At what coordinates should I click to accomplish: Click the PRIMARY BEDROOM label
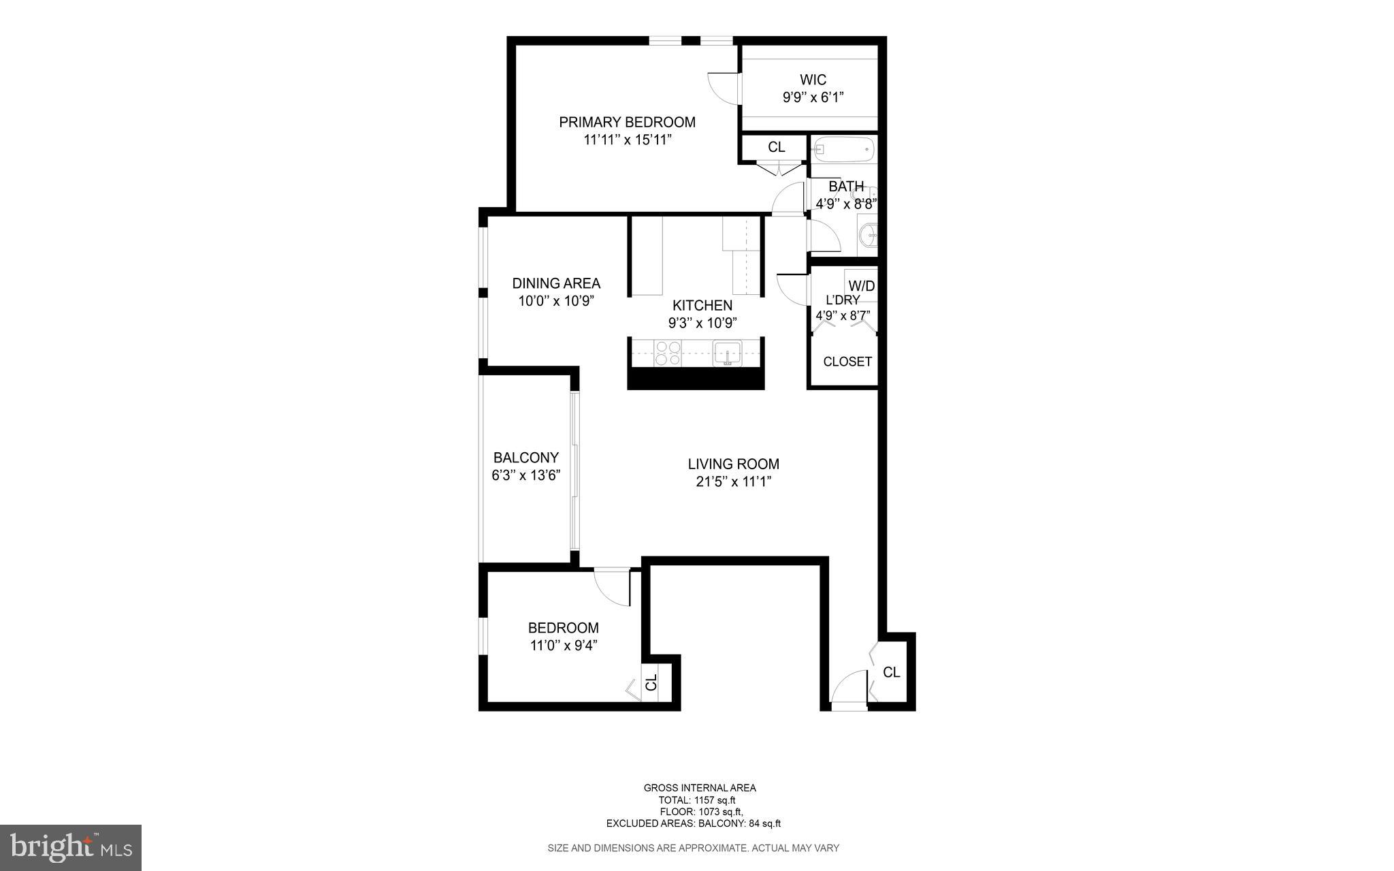[x=627, y=123]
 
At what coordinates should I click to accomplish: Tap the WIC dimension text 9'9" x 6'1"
[x=813, y=97]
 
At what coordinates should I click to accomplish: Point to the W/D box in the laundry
[x=861, y=286]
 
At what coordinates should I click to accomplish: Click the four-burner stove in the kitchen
[x=667, y=353]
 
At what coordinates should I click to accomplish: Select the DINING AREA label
[x=556, y=283]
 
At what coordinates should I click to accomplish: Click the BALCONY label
[x=525, y=458]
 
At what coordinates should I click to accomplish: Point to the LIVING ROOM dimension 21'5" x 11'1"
[x=733, y=482]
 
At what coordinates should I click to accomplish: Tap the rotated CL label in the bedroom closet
[x=651, y=682]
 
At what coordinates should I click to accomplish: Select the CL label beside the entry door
[x=891, y=673]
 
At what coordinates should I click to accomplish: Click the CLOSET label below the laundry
[x=847, y=362]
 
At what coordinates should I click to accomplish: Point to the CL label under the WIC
[x=776, y=147]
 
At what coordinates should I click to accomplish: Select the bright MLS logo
[x=71, y=847]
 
